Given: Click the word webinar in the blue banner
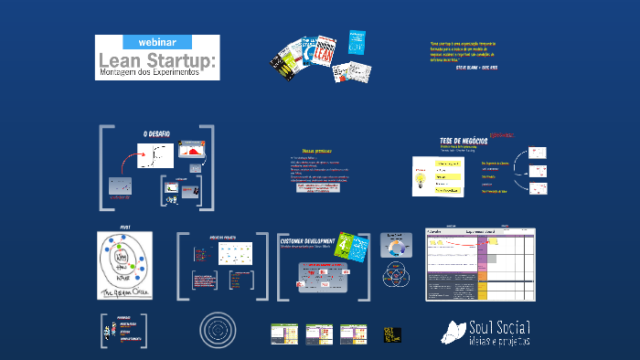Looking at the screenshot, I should (x=157, y=42).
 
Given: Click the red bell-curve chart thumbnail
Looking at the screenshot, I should (x=192, y=149).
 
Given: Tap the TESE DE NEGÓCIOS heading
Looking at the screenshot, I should (x=464, y=141).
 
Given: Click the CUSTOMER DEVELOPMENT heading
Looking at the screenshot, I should (x=311, y=240).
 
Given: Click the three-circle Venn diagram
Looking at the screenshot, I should (x=396, y=272).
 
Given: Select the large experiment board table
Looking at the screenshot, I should (x=481, y=263).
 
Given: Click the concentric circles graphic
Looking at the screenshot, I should (x=218, y=329).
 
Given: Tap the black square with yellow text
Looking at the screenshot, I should (x=394, y=334).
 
